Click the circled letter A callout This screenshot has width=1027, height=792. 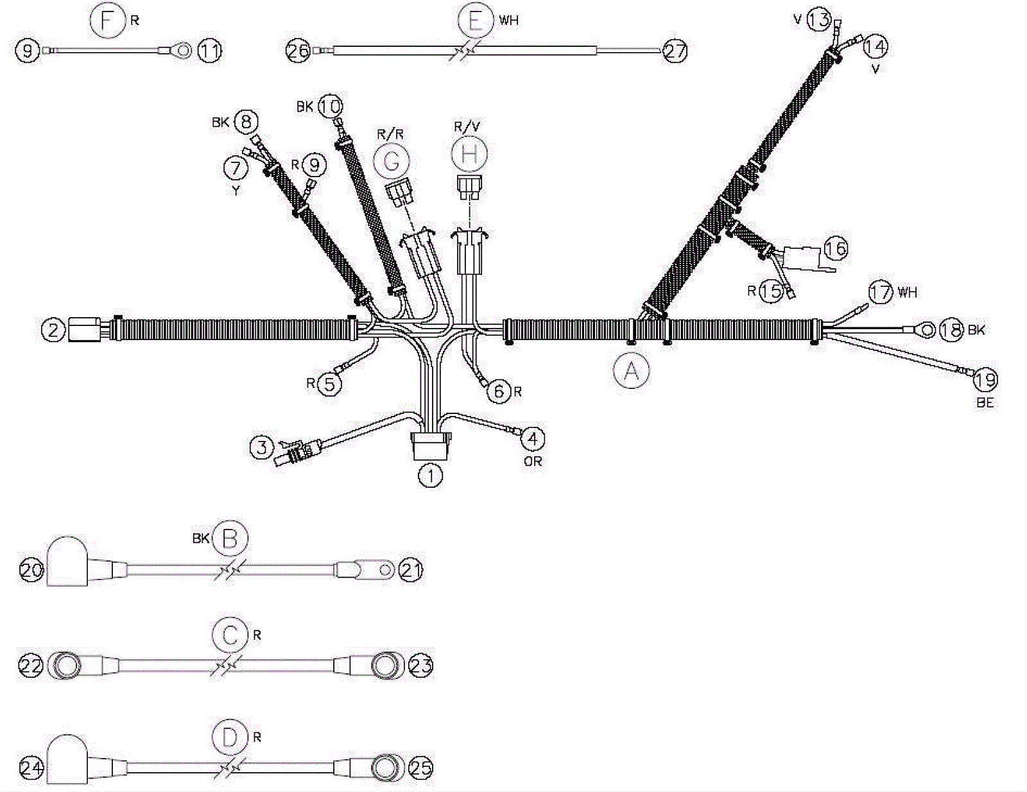pyautogui.click(x=631, y=370)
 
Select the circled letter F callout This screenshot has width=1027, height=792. pyautogui.click(x=107, y=21)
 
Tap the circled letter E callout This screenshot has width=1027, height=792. pyautogui.click(x=476, y=21)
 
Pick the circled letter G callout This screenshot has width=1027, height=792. pyautogui.click(x=391, y=161)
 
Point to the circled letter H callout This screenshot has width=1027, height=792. pyautogui.click(x=469, y=154)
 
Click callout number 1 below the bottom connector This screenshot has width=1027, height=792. pyautogui.click(x=430, y=476)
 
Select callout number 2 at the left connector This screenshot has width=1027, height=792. pyautogui.click(x=54, y=330)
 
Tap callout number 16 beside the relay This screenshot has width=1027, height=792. pyautogui.click(x=835, y=248)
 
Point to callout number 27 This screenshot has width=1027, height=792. pyautogui.click(x=675, y=51)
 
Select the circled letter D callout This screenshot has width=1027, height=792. pyautogui.click(x=230, y=737)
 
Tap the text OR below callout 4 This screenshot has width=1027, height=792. pyautogui.click(x=533, y=461)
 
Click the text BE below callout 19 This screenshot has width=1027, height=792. pyautogui.click(x=985, y=402)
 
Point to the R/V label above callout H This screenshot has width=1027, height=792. pyautogui.click(x=467, y=126)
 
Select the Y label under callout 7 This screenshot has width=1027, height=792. pyautogui.click(x=236, y=191)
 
